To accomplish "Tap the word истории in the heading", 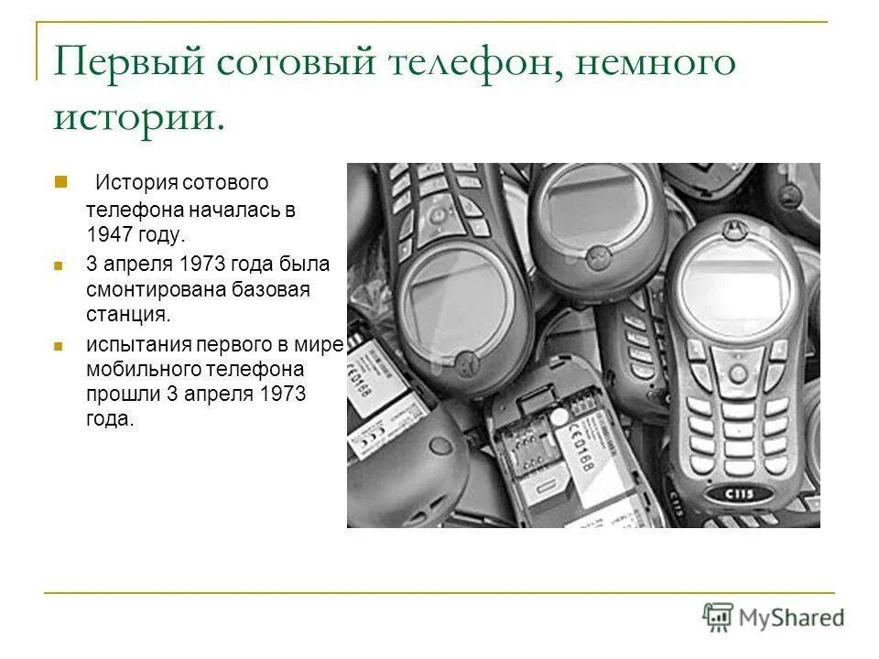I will point(137,117).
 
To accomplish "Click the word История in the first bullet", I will point(136,184).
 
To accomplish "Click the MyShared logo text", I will point(792,617).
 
